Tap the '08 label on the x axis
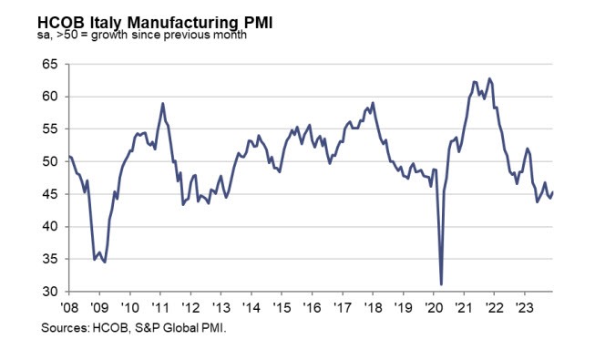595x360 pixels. (x=69, y=306)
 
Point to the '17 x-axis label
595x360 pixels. (x=342, y=306)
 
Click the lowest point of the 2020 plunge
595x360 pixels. (x=441, y=284)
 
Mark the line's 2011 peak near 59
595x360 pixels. (x=162, y=104)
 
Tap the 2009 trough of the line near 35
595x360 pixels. (x=105, y=262)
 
